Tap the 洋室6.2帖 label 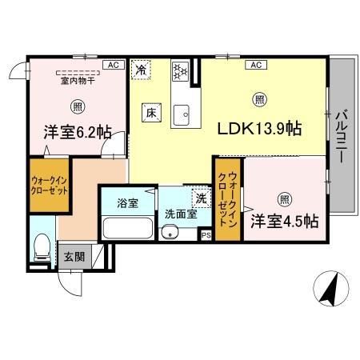point(77,134)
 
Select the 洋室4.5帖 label point(284,220)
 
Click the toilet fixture point(42,249)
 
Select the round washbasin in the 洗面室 point(169,233)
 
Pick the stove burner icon point(181,70)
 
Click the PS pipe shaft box point(206,235)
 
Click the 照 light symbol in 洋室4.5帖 point(283,199)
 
